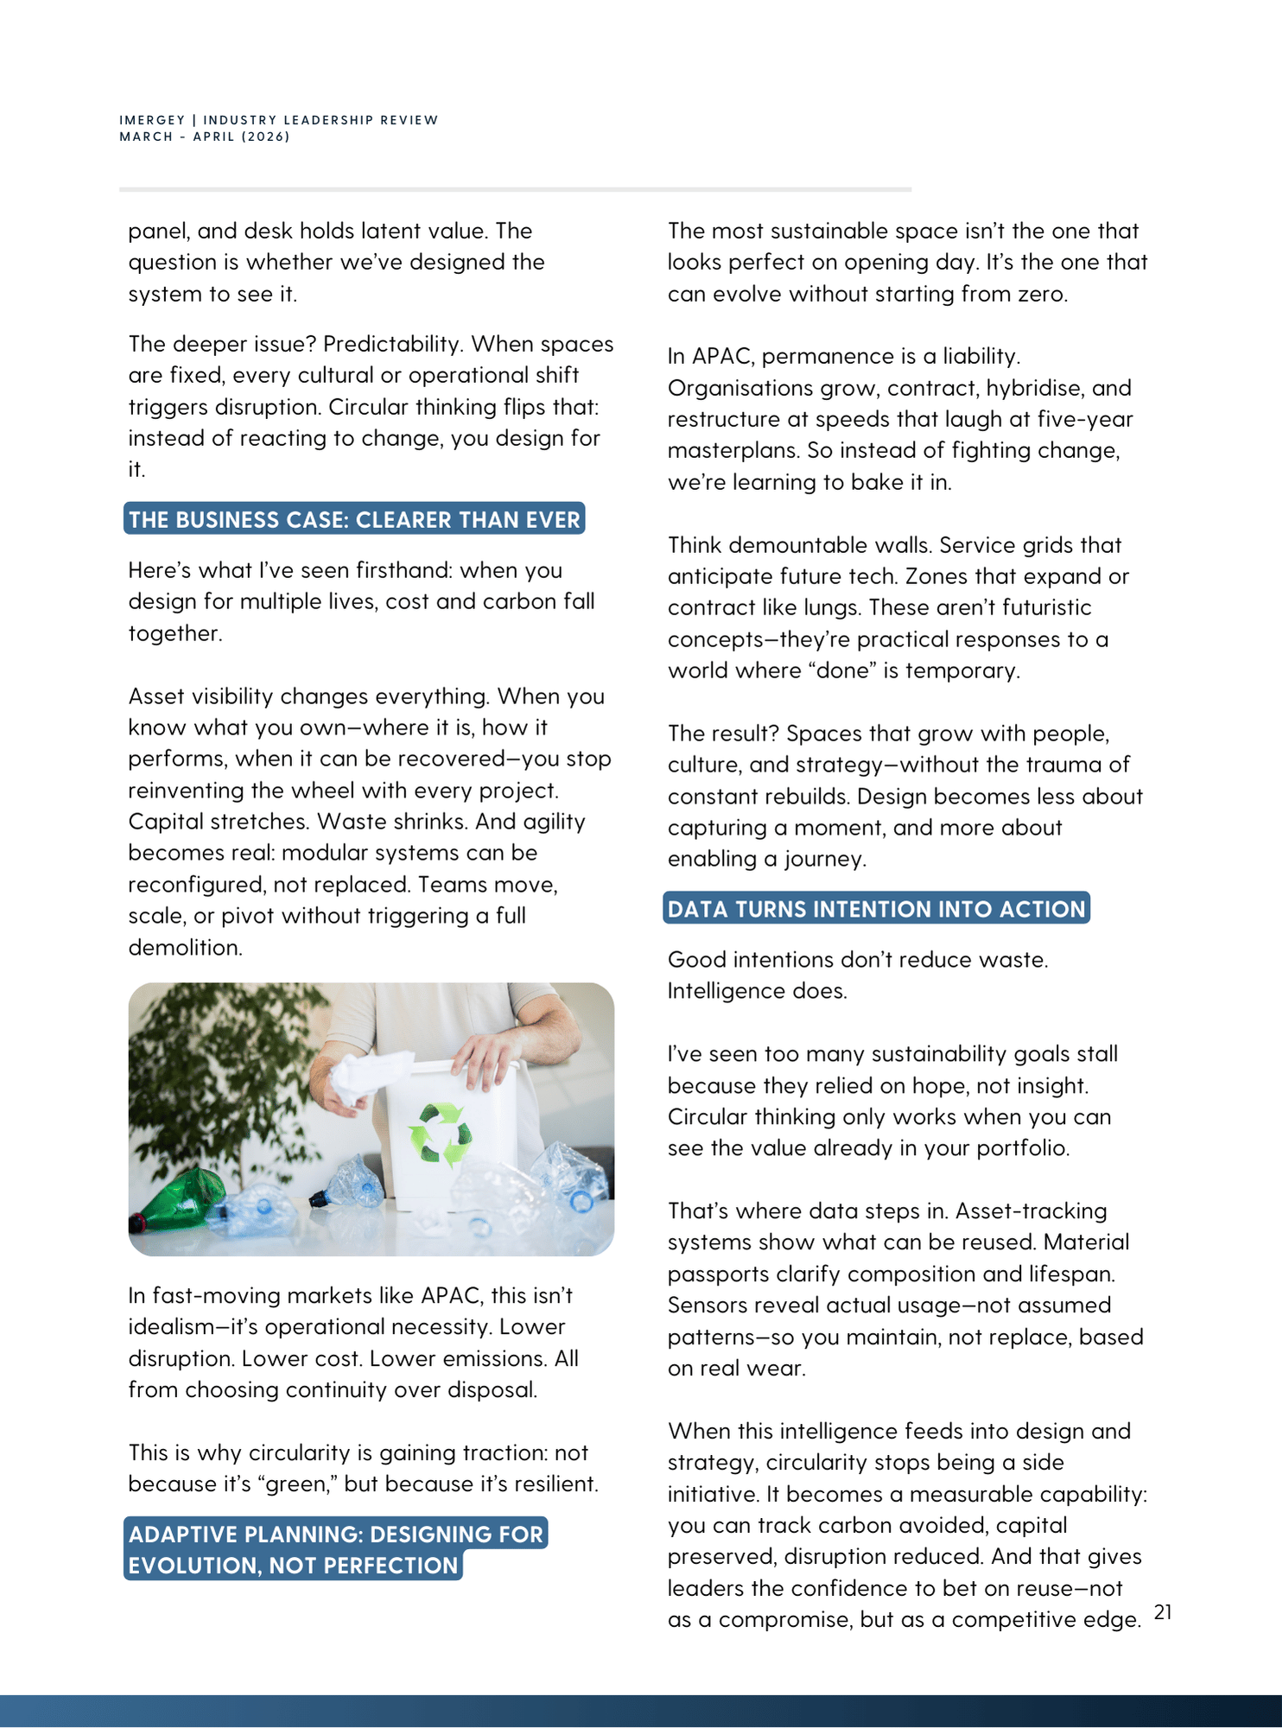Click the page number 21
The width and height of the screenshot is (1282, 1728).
click(x=1163, y=1612)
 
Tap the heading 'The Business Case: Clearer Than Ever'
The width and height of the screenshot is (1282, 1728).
click(x=354, y=519)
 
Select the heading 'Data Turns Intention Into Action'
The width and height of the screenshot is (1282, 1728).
click(x=876, y=909)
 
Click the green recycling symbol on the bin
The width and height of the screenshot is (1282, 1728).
click(x=441, y=1133)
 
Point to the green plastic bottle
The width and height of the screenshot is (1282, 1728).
click(x=178, y=1198)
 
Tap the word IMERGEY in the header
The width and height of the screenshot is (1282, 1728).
click(x=152, y=120)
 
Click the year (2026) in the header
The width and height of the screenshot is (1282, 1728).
click(x=266, y=137)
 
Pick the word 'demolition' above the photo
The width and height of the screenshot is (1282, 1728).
click(x=183, y=948)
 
